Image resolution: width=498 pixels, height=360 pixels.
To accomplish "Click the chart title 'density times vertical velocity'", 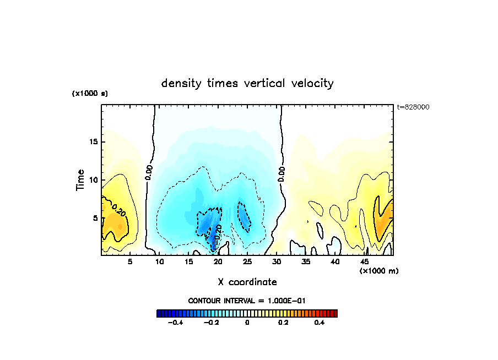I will click(247, 84).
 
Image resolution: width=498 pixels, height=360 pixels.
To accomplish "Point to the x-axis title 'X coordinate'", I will click(247, 282).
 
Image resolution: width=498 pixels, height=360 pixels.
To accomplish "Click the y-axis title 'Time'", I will click(80, 180).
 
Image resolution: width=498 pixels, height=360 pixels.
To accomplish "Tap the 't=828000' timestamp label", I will click(413, 107).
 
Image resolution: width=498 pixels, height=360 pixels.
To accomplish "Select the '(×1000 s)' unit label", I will click(90, 94).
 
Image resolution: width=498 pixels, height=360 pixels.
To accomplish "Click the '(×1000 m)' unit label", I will click(379, 271).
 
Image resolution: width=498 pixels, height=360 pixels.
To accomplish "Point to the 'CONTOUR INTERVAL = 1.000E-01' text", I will click(247, 301).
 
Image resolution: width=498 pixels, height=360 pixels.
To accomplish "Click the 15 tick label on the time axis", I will click(94, 141).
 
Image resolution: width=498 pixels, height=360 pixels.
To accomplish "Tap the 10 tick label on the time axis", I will click(94, 180).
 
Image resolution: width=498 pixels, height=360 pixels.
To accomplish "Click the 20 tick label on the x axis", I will click(218, 262).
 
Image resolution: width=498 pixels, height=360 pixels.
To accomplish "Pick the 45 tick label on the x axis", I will click(364, 262).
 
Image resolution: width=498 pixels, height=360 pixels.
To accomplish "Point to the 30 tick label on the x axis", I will click(277, 262).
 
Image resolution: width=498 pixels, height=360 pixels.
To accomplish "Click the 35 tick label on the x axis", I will click(306, 262).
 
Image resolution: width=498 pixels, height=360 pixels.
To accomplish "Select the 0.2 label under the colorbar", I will click(283, 323).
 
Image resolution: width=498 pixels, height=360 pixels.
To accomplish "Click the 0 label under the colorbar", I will click(247, 323).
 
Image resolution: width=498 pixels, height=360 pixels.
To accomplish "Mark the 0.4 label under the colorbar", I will click(320, 323).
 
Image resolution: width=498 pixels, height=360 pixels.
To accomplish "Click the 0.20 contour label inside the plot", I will click(118, 210).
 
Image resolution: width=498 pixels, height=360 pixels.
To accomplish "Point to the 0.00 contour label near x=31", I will click(282, 175).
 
